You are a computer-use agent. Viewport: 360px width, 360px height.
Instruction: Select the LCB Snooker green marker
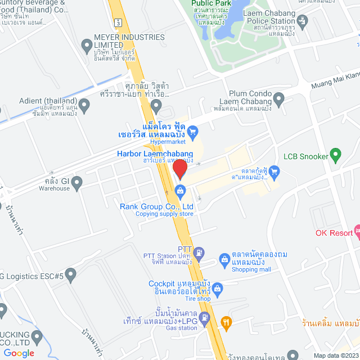[x=336, y=152]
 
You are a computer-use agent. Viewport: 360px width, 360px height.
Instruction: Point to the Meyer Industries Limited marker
[x=87, y=44]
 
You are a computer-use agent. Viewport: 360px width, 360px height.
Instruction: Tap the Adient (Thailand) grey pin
[x=84, y=104]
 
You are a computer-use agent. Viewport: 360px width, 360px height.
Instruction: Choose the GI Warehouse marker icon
[x=77, y=181]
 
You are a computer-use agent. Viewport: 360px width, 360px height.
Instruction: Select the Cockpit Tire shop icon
[x=219, y=289]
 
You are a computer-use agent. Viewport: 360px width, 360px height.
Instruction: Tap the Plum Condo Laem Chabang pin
[x=278, y=100]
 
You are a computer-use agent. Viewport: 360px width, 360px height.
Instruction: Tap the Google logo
[x=19, y=353]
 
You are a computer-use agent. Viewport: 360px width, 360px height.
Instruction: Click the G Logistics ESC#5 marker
[x=70, y=275]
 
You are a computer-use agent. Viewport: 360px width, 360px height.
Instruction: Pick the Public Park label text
[x=209, y=3]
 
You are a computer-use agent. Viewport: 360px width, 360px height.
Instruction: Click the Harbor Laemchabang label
[x=155, y=154]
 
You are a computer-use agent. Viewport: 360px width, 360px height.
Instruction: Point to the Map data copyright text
[x=335, y=355]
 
